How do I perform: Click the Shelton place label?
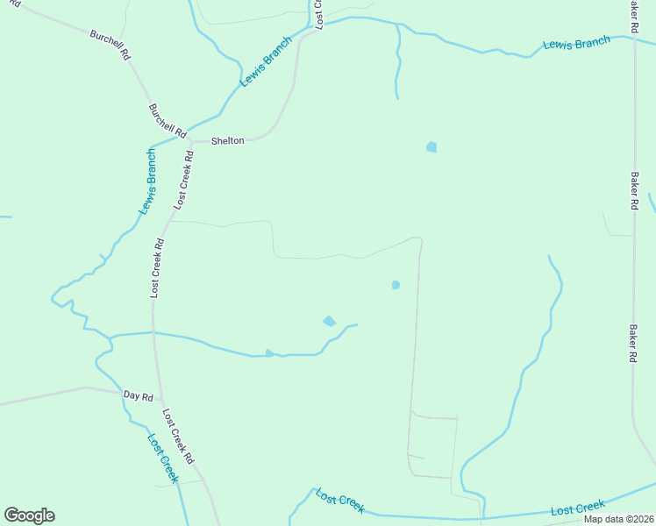[x=227, y=140]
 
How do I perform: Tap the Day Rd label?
[x=139, y=396]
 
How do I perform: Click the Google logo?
[x=29, y=515]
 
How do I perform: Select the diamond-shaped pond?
[x=330, y=321]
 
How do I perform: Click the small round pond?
[x=396, y=285]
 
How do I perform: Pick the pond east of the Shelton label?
[x=431, y=147]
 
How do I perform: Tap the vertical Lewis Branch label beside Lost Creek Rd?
[x=147, y=182]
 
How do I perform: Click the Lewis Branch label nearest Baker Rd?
[x=576, y=42]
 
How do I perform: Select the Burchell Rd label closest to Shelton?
[x=168, y=121]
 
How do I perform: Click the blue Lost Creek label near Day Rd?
[x=163, y=458]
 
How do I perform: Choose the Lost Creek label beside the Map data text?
[x=578, y=508]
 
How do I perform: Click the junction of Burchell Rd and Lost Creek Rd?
[x=190, y=139]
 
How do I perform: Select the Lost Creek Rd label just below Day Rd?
[x=176, y=436]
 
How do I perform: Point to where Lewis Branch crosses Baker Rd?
[x=634, y=37]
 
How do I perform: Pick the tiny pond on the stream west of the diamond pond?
[x=270, y=353]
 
